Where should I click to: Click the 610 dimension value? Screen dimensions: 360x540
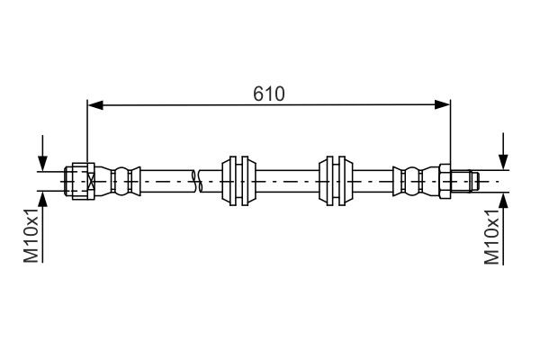tap(268, 93)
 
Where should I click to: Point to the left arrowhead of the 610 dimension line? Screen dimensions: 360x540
tap(94, 105)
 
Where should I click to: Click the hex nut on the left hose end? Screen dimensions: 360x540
tap(80, 180)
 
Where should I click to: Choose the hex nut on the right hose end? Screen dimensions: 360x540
tap(444, 180)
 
